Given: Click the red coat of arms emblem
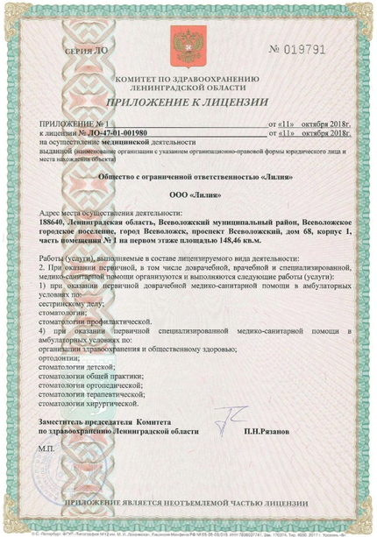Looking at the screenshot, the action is coord(188,44).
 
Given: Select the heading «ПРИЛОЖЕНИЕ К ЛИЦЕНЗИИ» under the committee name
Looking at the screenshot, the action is coord(188,102).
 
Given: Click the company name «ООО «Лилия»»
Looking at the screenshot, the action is coord(188,195).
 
